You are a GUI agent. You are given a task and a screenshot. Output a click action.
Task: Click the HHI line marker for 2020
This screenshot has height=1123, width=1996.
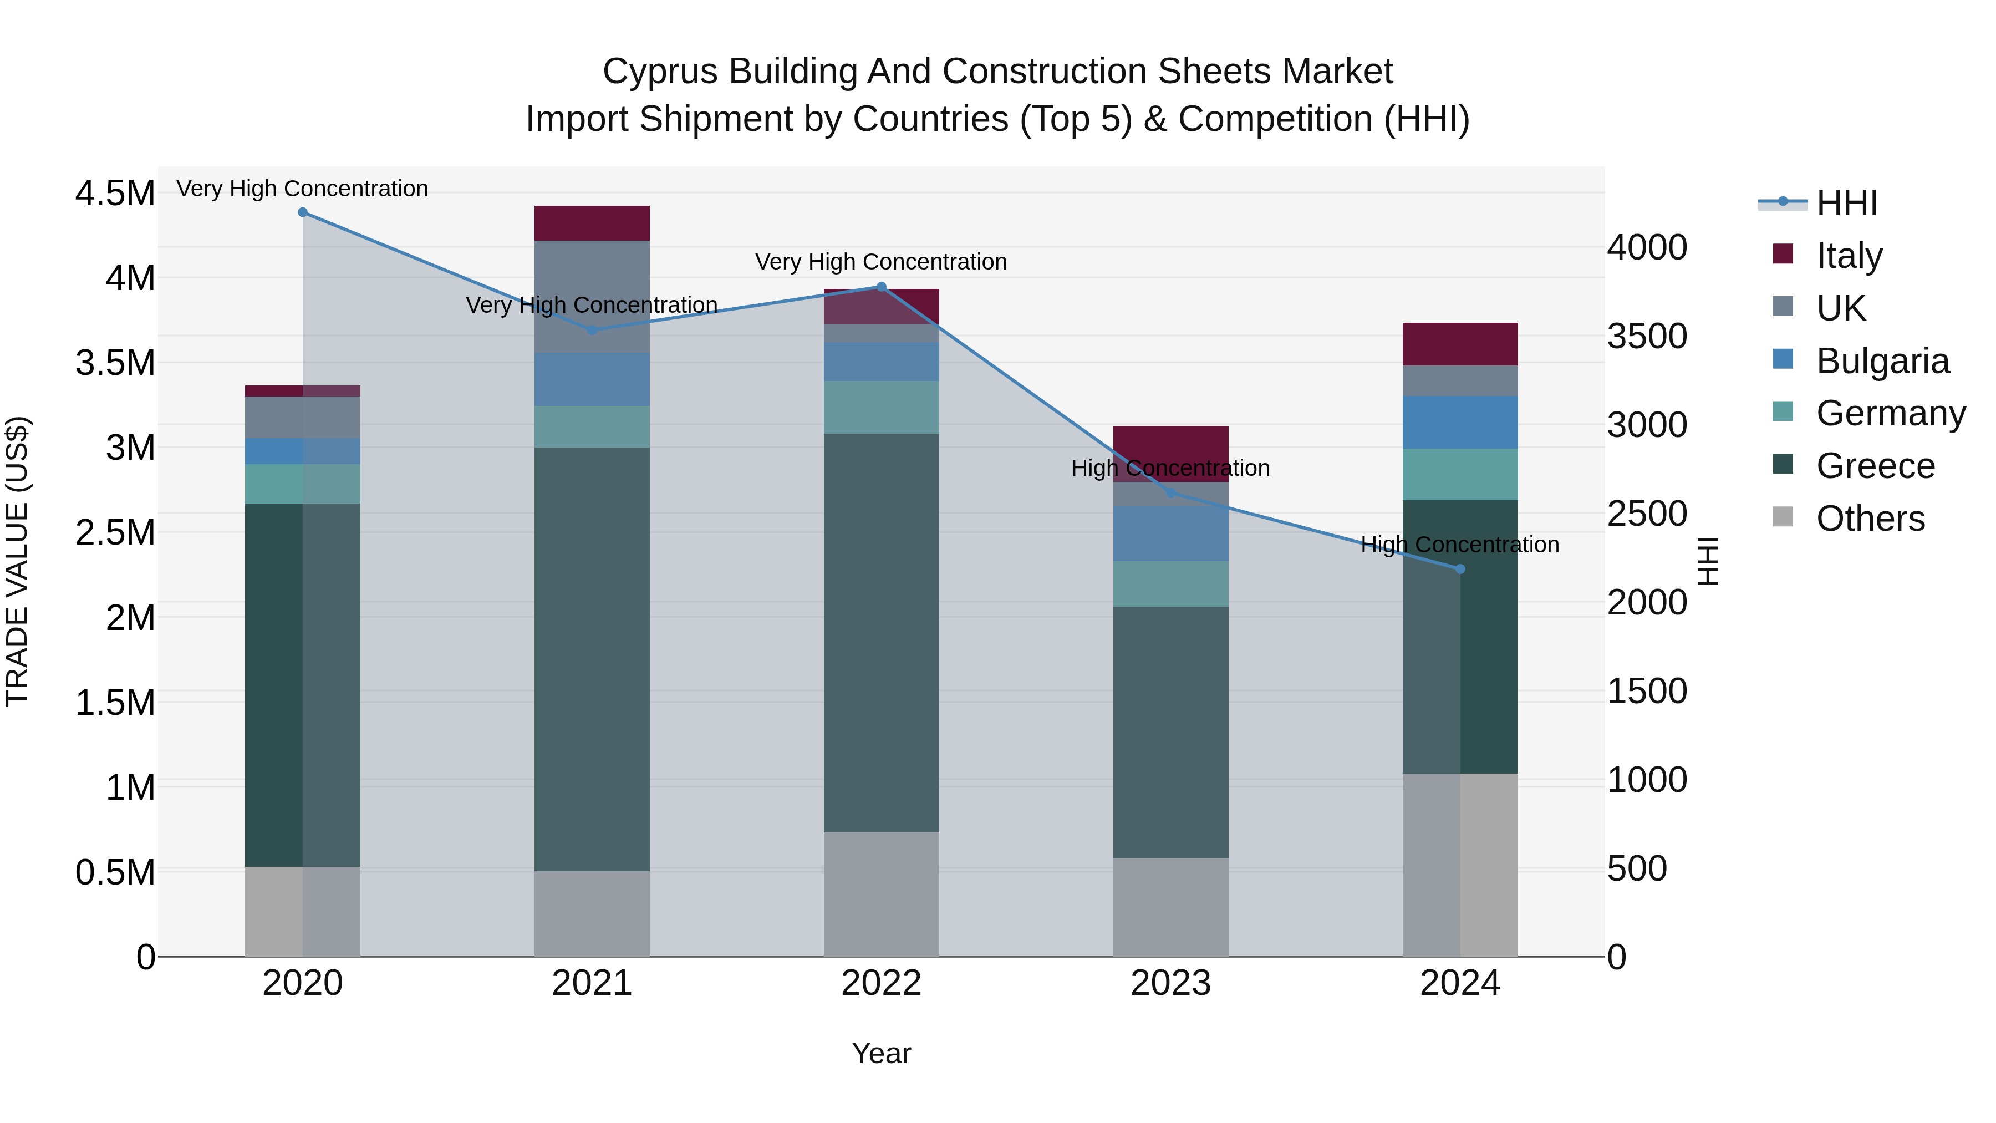click(303, 212)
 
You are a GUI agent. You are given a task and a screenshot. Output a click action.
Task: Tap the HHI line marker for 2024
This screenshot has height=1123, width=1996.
click(1460, 569)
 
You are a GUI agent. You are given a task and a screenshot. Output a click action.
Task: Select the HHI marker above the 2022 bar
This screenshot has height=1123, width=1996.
click(881, 287)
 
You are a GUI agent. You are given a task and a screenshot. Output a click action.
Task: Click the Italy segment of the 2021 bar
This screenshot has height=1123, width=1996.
click(592, 223)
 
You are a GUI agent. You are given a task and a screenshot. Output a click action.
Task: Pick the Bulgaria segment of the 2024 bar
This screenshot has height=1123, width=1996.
click(1460, 423)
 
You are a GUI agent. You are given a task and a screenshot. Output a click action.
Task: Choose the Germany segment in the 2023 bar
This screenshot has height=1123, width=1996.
click(1171, 583)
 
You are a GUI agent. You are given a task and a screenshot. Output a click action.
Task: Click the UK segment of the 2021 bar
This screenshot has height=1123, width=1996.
click(592, 297)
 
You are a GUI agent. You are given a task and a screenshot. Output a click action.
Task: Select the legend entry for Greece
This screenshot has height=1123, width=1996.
click(1875, 466)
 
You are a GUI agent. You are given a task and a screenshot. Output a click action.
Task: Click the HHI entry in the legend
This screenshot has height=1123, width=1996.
click(1846, 203)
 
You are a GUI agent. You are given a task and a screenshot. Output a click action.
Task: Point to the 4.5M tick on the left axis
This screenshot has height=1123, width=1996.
click(115, 193)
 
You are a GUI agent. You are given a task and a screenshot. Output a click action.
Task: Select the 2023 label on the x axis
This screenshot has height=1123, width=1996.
click(1171, 983)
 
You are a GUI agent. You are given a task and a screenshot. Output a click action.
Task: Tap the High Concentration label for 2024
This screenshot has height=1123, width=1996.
click(1460, 545)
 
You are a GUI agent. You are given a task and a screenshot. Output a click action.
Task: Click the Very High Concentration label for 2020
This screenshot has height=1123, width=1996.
click(302, 189)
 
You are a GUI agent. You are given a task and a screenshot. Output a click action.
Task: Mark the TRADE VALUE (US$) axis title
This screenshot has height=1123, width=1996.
click(17, 561)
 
